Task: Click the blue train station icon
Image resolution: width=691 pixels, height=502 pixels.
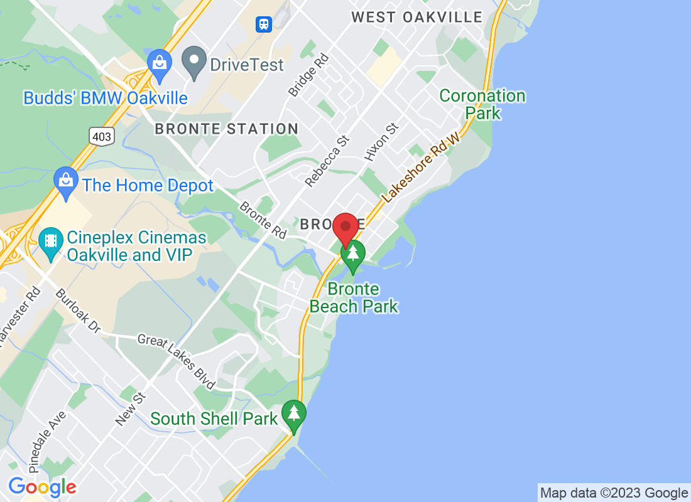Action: (263, 24)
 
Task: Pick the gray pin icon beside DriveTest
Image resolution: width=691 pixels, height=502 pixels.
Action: (194, 61)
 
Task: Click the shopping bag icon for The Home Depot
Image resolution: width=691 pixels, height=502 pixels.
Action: (65, 181)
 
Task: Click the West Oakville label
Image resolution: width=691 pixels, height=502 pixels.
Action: (416, 17)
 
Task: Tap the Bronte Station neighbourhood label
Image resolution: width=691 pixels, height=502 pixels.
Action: (227, 129)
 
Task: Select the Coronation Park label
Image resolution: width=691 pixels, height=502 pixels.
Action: (482, 104)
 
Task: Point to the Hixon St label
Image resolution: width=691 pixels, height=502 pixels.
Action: (381, 142)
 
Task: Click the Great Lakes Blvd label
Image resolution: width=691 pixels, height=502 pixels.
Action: (177, 361)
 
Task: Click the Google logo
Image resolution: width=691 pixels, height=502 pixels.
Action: (42, 487)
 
